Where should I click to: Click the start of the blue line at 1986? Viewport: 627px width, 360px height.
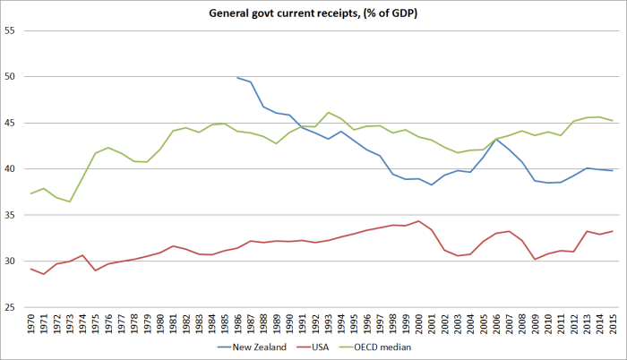click(237, 77)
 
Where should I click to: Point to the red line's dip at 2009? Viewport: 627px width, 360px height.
click(535, 260)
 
